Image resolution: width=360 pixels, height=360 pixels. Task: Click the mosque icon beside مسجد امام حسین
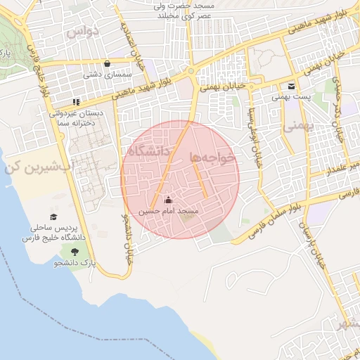(x=167, y=199)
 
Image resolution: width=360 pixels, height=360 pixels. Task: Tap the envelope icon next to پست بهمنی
(x=291, y=86)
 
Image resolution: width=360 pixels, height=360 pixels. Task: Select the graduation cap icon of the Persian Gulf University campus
(x=54, y=217)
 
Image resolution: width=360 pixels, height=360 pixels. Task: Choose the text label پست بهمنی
(x=291, y=97)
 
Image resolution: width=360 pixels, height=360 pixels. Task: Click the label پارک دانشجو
(x=75, y=262)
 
